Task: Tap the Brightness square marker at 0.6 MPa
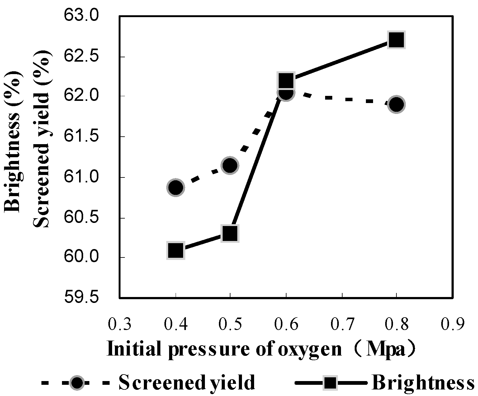coord(286,81)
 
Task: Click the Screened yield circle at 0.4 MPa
coord(176,187)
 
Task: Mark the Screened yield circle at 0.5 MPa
coord(230,165)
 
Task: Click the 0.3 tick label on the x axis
coord(120,325)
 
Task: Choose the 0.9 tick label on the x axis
coord(453,325)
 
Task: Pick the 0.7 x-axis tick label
coord(343,325)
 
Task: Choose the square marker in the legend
coord(329,383)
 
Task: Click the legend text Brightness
coord(423,383)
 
